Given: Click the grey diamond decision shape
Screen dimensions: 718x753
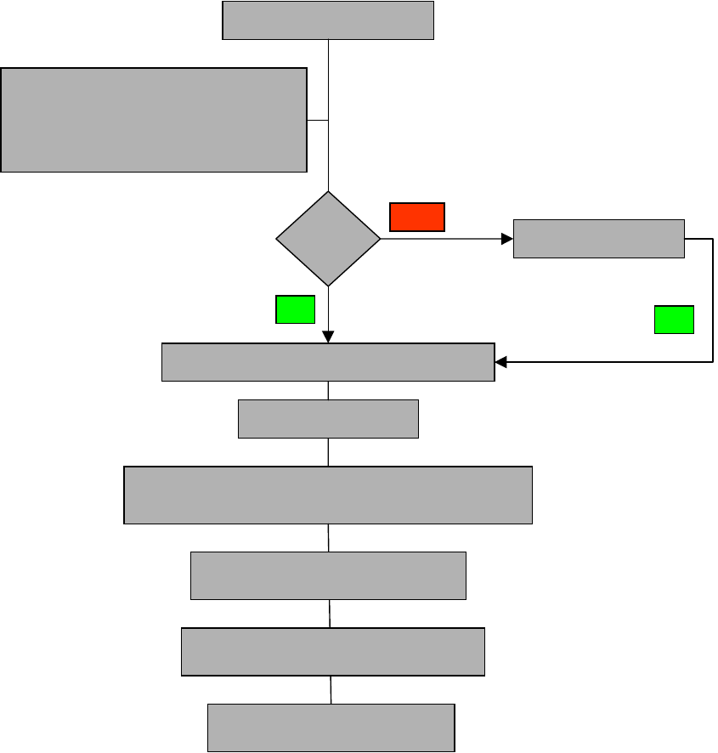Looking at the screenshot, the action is [x=328, y=239].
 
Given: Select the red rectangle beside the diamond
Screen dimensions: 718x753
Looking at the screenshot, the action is [x=417, y=217].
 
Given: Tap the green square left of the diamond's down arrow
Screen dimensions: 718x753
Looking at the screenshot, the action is [x=295, y=309].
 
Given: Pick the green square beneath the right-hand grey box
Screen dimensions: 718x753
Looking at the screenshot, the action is [x=674, y=320].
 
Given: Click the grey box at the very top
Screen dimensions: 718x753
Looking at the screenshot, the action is [x=328, y=20].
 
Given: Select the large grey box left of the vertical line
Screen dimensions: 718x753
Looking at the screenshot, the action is [x=154, y=120].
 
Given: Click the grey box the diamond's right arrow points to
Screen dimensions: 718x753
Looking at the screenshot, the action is [x=599, y=238].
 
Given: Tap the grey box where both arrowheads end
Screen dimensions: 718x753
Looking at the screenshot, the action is [x=328, y=362].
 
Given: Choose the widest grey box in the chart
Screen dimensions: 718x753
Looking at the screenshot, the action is [x=328, y=495].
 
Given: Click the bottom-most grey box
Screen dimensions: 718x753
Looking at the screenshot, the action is [x=331, y=728].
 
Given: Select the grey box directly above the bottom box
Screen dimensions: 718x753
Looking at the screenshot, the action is [x=333, y=652].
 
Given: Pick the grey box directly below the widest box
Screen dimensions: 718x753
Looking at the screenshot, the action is [x=328, y=575].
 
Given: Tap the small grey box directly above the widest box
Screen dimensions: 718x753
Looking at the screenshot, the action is [x=328, y=419].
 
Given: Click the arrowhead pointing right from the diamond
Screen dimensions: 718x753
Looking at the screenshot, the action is [x=508, y=239].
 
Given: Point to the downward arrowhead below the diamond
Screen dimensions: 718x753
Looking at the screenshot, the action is [x=328, y=337].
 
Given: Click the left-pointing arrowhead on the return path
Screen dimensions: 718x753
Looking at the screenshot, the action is [x=500, y=362].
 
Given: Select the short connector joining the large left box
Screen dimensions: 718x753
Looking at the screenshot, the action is [x=317, y=121].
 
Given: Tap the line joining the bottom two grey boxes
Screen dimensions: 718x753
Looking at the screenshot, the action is [x=331, y=690].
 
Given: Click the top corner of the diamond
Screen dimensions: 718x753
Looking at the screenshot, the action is [x=328, y=193].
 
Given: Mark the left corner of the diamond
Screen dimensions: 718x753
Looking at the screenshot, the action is [x=278, y=239].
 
